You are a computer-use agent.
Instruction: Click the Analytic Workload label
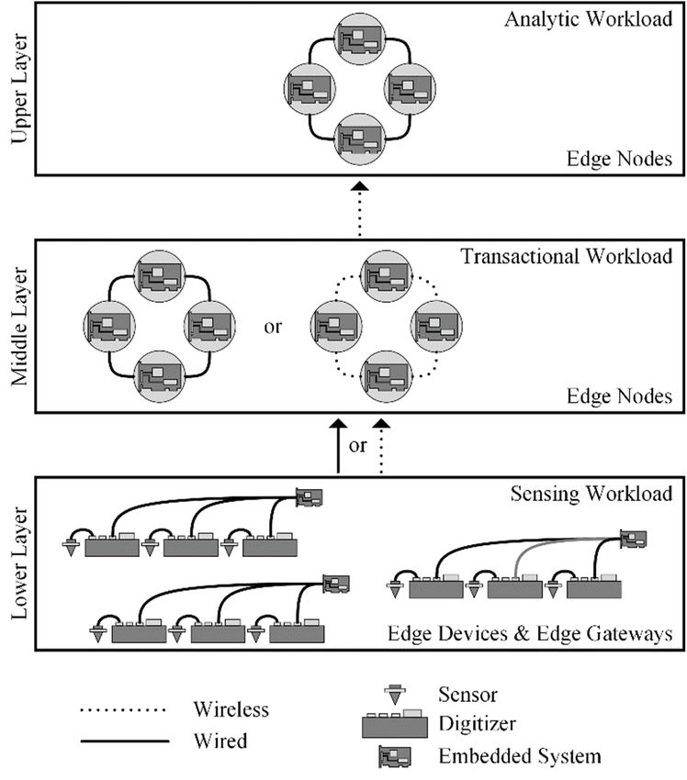coord(589,20)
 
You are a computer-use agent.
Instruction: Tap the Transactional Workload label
coord(567,257)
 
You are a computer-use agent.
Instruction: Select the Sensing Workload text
coord(591,494)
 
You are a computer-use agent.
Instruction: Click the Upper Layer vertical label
coord(20,88)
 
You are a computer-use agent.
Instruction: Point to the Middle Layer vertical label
coord(20,327)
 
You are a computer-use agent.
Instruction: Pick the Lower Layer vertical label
coord(20,563)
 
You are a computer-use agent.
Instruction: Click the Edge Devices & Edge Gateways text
coord(530,634)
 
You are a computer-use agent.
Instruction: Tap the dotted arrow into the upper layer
coord(359,209)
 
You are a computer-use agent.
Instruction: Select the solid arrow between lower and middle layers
coord(339,446)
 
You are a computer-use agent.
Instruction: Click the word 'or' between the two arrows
coord(358,446)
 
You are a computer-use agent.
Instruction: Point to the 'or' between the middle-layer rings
coord(273,328)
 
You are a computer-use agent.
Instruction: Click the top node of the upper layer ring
coord(359,39)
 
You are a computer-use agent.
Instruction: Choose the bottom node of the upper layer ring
coord(359,139)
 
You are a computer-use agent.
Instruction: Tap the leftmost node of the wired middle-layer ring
coord(109,327)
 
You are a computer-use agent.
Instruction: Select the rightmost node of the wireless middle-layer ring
coord(436,327)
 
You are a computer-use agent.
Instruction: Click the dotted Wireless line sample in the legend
coord(122,710)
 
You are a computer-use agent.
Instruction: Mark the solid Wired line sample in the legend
coord(125,741)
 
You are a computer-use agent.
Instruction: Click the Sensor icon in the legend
coord(395,695)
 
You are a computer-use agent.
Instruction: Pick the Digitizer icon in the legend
coord(394,724)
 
